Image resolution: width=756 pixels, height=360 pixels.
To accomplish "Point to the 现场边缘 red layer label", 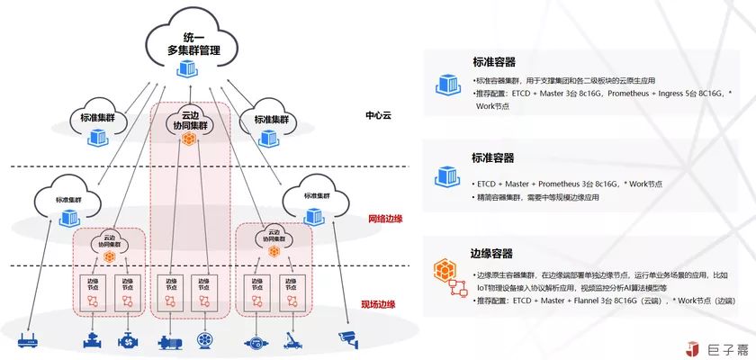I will coord(378,304).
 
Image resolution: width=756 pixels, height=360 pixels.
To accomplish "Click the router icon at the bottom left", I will coord(28,341).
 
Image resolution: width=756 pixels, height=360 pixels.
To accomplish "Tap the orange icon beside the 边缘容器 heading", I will coord(445,270).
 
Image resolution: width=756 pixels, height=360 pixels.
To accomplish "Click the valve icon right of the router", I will coord(92,341).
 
